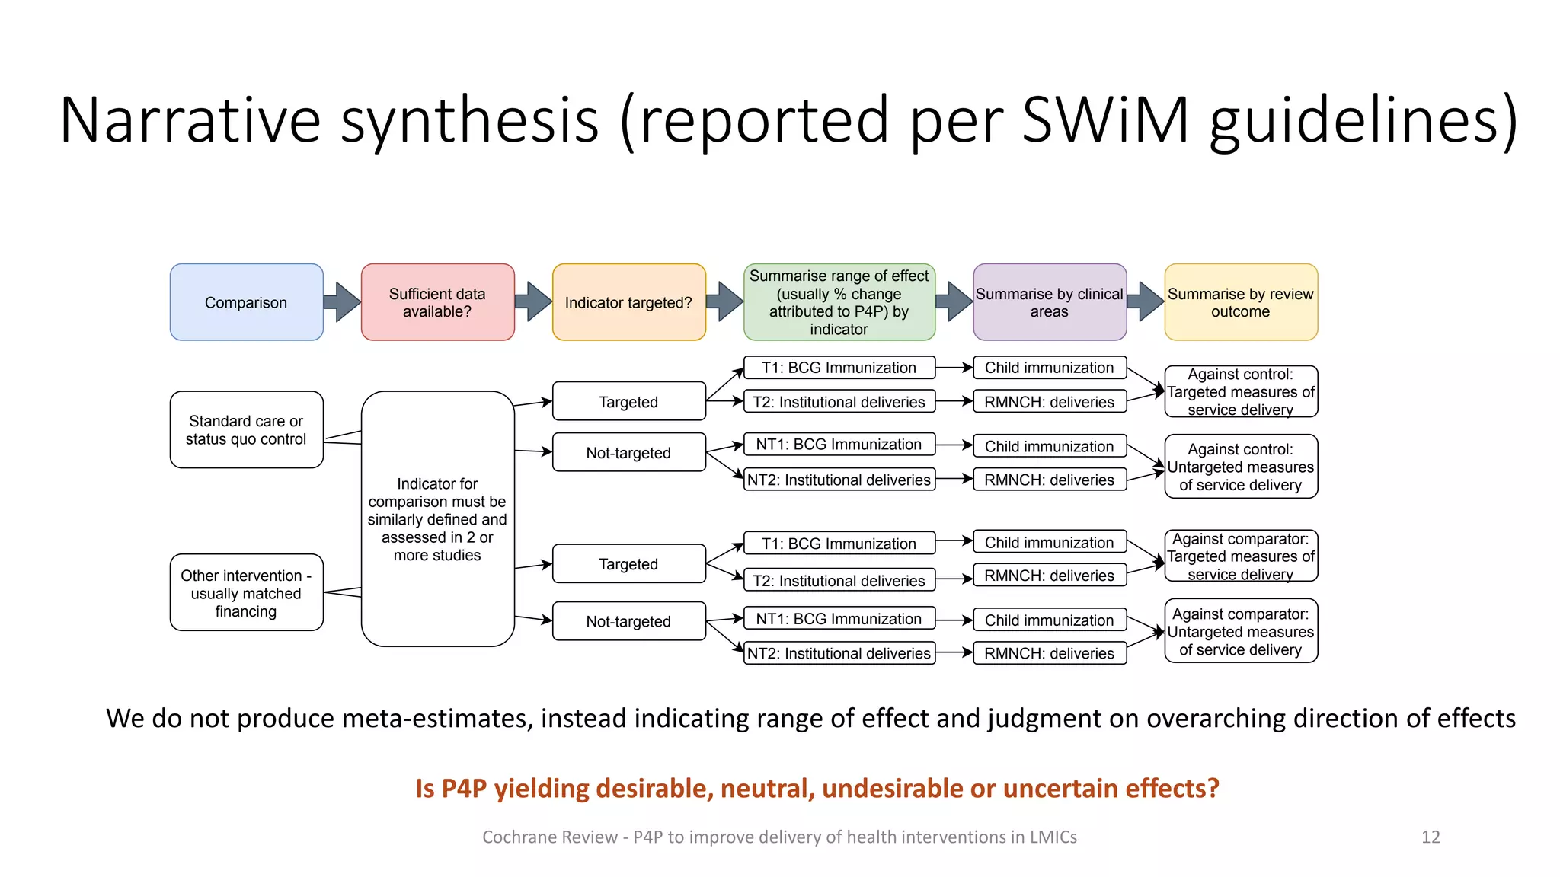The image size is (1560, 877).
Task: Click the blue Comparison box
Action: pyautogui.click(x=246, y=302)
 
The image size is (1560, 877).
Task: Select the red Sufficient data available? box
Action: pyautogui.click(x=437, y=302)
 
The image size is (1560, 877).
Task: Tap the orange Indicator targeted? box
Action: pyautogui.click(x=628, y=302)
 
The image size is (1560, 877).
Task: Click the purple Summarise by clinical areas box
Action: pyautogui.click(x=1049, y=302)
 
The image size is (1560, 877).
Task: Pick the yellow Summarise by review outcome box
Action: pyautogui.click(x=1240, y=302)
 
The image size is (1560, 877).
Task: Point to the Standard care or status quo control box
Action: pyautogui.click(x=246, y=429)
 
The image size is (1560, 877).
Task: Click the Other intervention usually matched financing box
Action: pyautogui.click(x=246, y=592)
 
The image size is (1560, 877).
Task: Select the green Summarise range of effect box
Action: pyautogui.click(x=839, y=302)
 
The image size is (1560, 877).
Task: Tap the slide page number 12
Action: pyautogui.click(x=1430, y=837)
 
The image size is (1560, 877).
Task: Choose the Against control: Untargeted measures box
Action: pyautogui.click(x=1240, y=467)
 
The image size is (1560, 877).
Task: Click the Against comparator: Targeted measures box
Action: pyautogui.click(x=1240, y=556)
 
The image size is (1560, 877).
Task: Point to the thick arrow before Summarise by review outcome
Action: pyautogui.click(x=1146, y=302)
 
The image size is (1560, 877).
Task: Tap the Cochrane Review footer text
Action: pyautogui.click(x=779, y=837)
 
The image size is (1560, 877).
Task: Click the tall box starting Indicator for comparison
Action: pyautogui.click(x=437, y=518)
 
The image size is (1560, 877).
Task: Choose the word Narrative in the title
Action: pyautogui.click(x=190, y=120)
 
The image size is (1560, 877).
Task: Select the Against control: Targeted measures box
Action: pyautogui.click(x=1240, y=391)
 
